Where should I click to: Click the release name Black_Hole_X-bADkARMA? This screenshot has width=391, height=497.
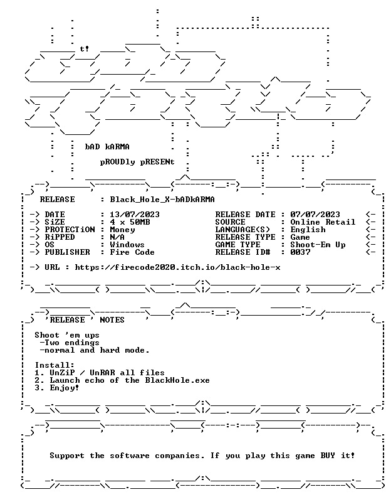162,200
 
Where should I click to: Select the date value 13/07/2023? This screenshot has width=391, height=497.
135,215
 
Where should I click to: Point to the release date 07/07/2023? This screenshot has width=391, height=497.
315,215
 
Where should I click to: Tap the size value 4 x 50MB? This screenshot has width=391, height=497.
130,222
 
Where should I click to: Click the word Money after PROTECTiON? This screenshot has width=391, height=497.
122,230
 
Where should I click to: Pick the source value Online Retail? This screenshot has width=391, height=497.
323,222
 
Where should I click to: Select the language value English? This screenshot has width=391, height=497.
308,230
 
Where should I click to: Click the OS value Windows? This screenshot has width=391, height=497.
127,245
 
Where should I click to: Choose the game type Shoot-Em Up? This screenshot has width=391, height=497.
318,245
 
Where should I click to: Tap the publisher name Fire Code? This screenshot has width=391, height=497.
132,252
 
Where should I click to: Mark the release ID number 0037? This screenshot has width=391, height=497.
300,252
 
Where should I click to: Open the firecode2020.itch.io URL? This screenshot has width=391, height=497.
177,267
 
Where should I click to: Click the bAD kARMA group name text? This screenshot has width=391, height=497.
107,147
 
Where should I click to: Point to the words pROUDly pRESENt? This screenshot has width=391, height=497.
137,162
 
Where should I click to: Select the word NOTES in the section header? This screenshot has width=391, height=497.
112,320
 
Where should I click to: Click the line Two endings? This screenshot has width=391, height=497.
70,343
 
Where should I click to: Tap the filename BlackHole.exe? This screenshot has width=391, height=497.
177,380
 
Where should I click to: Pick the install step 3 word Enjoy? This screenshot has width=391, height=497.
65,388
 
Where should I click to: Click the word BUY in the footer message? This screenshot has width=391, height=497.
328,456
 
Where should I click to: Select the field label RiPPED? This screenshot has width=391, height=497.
60,237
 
